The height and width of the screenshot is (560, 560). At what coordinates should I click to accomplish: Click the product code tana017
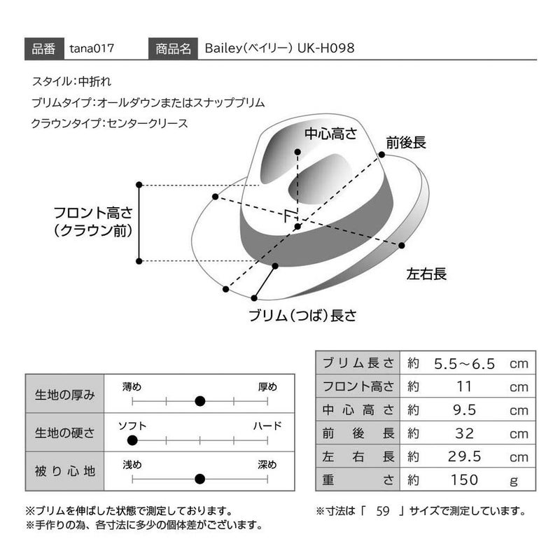click(x=92, y=49)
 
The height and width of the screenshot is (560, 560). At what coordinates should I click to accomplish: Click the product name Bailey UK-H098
click(x=279, y=49)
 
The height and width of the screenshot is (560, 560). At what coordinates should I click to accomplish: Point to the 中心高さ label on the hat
click(x=330, y=132)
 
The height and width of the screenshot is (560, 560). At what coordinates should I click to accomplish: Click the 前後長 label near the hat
click(x=406, y=143)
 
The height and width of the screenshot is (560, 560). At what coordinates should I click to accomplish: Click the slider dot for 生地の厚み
click(x=199, y=401)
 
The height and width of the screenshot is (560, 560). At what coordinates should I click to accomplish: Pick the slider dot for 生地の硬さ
click(x=132, y=440)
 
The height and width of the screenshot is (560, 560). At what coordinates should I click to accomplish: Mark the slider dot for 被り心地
click(x=199, y=479)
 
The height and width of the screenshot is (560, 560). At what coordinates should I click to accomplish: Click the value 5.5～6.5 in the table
click(x=464, y=364)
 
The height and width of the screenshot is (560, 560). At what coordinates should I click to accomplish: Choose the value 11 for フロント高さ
click(x=464, y=386)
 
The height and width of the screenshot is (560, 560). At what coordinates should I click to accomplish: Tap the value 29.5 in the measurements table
click(x=464, y=457)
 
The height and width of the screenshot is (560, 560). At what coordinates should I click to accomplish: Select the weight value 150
click(x=464, y=480)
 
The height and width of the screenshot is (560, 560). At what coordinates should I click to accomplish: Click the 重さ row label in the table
click(x=358, y=480)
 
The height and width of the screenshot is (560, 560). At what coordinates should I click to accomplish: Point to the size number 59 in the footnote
click(x=382, y=510)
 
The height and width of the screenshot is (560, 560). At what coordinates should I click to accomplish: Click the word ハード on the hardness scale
click(x=267, y=426)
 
